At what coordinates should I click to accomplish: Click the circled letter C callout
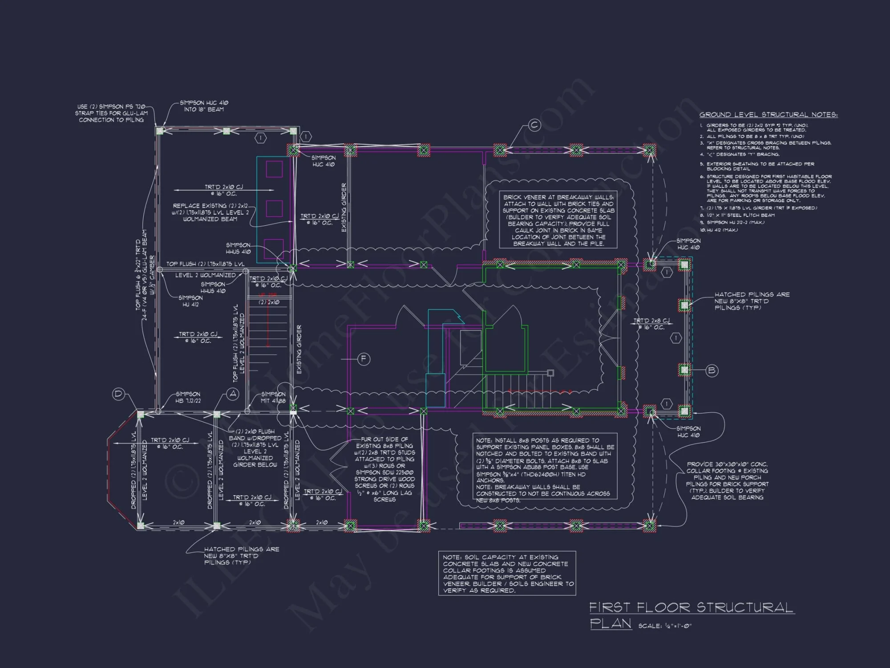click(534, 126)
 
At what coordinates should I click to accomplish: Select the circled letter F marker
click(364, 359)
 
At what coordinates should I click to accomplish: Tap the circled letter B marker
click(712, 371)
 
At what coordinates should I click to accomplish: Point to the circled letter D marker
click(118, 394)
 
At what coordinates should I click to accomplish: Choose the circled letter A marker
click(233, 394)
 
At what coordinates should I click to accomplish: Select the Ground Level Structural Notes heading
click(768, 115)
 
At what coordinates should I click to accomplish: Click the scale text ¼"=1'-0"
click(665, 626)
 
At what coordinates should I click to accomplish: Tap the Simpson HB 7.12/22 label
click(188, 397)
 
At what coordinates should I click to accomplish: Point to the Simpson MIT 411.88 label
click(273, 397)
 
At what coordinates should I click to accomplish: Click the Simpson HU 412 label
click(190, 301)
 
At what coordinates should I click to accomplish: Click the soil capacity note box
click(507, 573)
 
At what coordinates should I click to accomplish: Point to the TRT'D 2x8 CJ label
click(651, 324)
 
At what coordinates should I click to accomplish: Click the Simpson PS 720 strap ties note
click(111, 113)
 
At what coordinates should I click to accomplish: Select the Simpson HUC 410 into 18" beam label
click(205, 106)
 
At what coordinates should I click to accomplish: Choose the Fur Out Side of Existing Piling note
click(384, 469)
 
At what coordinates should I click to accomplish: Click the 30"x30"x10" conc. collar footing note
click(727, 481)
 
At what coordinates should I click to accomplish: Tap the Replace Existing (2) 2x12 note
click(210, 212)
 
